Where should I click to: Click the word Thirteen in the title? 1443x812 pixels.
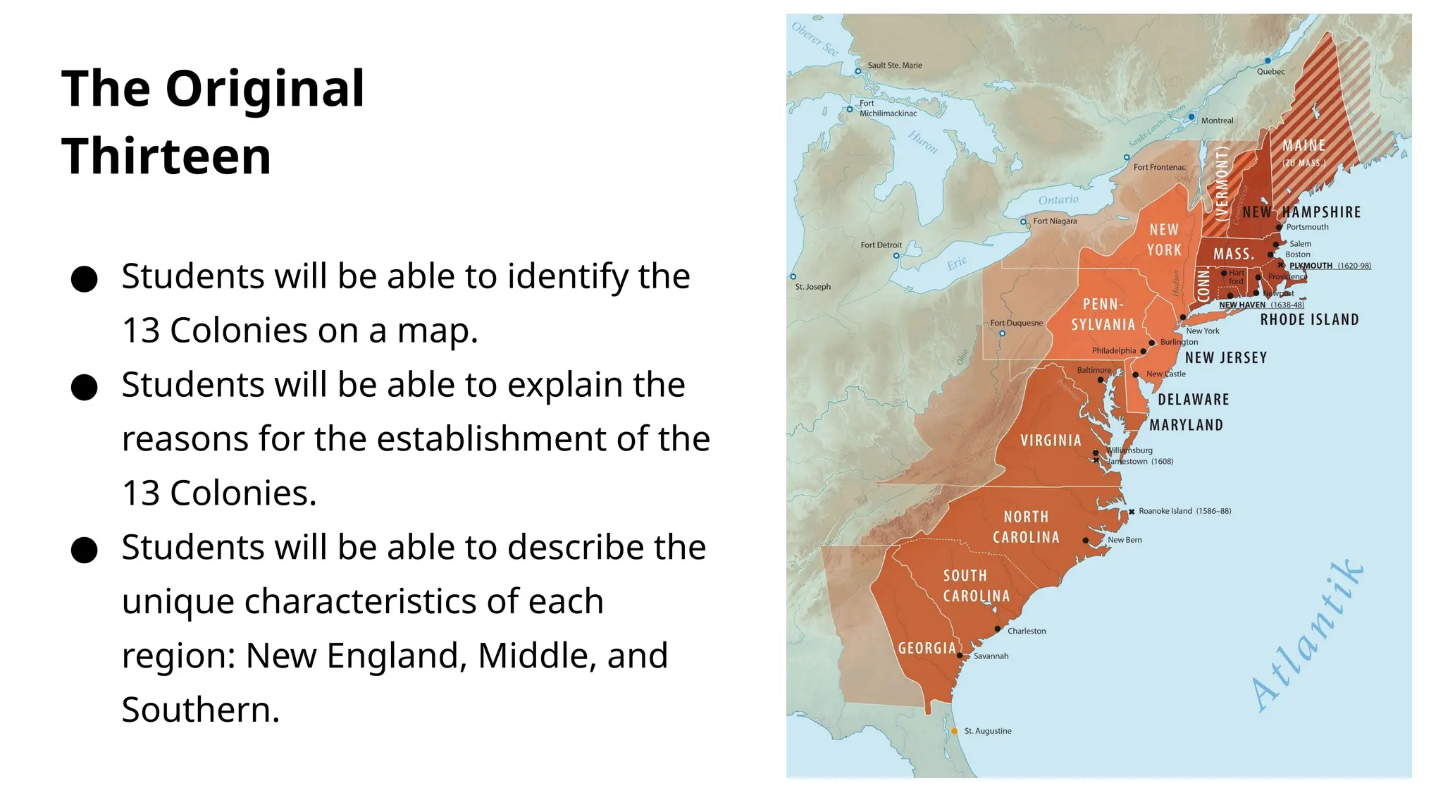166,156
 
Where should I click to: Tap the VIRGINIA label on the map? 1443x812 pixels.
1051,441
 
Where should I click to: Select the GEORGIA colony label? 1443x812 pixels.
927,648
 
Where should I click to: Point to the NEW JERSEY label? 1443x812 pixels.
1226,358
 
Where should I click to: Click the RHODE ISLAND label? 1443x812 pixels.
1309,320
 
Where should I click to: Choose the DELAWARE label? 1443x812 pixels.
1194,400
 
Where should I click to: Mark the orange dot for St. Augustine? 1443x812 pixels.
954,731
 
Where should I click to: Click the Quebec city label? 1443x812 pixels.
1270,71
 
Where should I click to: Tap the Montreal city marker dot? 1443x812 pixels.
1191,117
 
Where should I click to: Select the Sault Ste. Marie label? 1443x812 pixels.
894,66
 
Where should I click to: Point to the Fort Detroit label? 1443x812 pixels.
881,245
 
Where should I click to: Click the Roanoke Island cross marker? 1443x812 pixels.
1132,512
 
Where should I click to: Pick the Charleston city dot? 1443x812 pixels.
998,629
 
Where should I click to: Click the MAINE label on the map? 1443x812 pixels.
1303,146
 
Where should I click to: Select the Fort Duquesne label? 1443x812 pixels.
1016,323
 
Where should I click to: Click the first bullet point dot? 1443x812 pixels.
84,278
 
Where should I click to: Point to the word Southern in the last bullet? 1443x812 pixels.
201,710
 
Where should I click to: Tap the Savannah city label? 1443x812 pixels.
991,656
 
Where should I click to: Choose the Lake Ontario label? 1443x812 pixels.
1058,200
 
